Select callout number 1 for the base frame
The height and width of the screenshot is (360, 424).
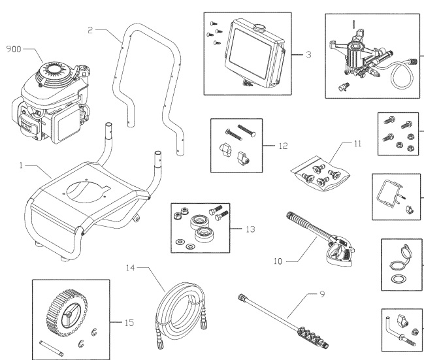click(x=22, y=167)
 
